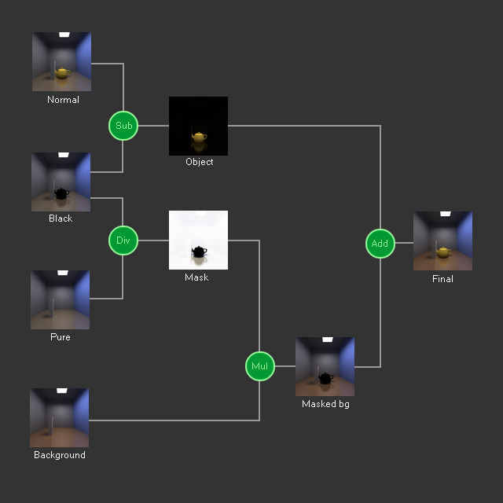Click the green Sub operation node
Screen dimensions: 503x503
pos(123,126)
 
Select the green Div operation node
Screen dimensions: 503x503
pos(123,240)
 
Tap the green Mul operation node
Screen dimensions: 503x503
pos(260,366)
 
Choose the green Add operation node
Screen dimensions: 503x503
pos(380,244)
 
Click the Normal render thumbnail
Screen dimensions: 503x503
pos(61,61)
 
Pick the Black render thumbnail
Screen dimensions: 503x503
pos(61,182)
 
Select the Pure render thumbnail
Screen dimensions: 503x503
pos(60,299)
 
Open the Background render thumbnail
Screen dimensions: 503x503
pos(59,417)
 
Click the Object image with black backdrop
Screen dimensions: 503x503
pos(198,126)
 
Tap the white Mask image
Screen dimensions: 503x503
pos(198,240)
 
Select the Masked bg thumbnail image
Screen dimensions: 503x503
pos(325,366)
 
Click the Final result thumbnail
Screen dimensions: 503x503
pos(442,240)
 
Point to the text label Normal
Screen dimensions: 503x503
pos(63,100)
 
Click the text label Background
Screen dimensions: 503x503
pos(60,455)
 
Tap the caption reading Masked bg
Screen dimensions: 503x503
pos(325,404)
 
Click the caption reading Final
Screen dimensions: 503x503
pos(442,279)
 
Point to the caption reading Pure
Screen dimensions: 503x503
pos(61,337)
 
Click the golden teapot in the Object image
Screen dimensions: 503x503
pos(200,138)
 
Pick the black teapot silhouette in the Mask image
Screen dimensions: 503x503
pos(200,251)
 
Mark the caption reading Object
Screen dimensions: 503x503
pos(199,162)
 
